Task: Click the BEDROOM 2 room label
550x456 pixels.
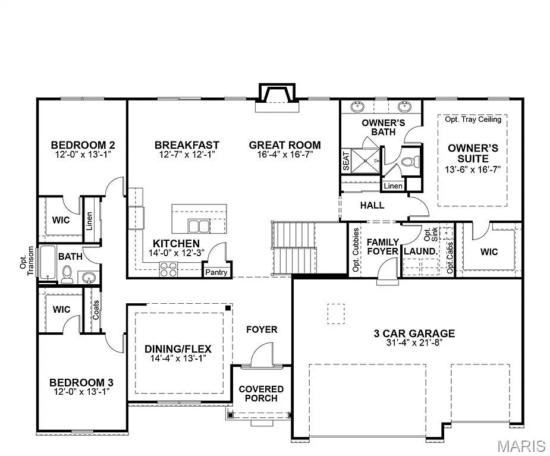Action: [83, 144]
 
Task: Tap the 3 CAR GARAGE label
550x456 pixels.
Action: [410, 334]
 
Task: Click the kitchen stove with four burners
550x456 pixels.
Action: [168, 269]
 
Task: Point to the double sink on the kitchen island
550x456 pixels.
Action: [199, 226]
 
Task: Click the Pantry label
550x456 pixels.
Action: [216, 272]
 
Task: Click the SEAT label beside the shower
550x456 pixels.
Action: [346, 161]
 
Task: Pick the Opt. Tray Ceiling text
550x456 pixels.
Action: [473, 119]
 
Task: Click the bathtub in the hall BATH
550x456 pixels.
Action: [47, 262]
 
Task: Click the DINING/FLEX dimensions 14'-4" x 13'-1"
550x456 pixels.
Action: [178, 358]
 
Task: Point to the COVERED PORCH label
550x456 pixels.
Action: [261, 394]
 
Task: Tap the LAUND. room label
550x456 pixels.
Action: [420, 251]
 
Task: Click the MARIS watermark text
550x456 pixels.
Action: [521, 445]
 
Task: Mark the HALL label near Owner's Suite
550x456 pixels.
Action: [372, 206]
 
